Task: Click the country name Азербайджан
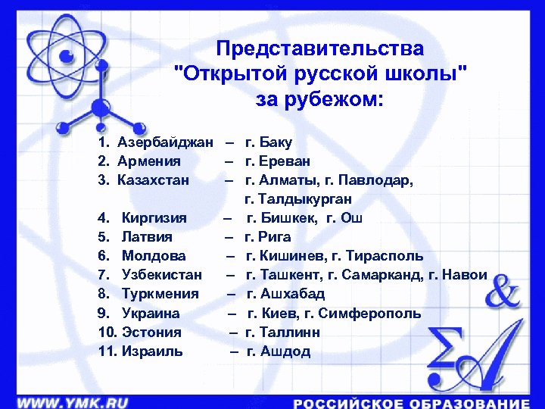point(166,142)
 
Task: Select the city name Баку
point(276,142)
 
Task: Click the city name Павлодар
point(380,180)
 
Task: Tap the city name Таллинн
point(288,333)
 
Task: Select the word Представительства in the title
point(319,49)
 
